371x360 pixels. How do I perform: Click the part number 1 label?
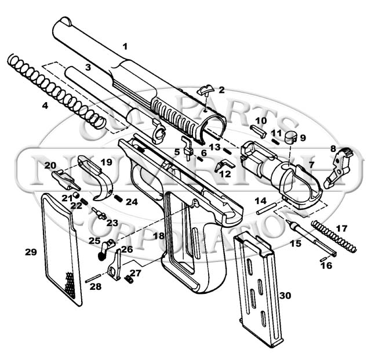tap(125, 46)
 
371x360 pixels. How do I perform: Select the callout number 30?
tap(285, 295)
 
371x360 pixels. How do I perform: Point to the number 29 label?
tap(31, 252)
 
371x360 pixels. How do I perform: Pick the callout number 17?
tap(342, 228)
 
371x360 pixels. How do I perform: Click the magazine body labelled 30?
tap(259, 290)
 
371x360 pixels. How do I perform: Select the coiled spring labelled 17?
tap(334, 235)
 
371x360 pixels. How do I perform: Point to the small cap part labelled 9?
tap(292, 136)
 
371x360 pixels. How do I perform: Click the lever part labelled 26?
tap(116, 264)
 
